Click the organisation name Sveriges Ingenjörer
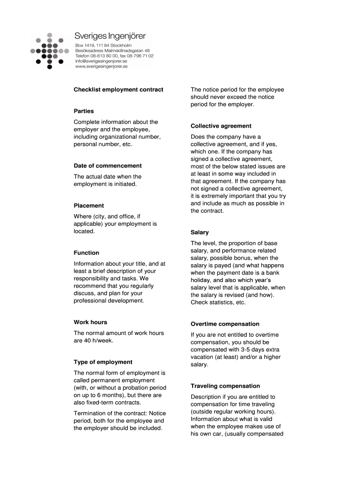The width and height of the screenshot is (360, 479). pos(110,36)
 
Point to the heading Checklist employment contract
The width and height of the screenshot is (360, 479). pos(118,89)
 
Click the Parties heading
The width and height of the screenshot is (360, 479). pos(84,111)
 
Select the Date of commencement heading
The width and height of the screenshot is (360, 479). pos(108,166)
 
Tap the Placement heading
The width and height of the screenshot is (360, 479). pos(89,206)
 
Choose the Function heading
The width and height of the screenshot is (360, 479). pos(86,253)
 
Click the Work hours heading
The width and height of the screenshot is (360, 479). pos(90,322)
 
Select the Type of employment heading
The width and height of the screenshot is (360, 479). pos(103,362)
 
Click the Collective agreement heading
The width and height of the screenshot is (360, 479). pos(221,126)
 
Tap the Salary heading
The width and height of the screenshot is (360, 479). pos(200,232)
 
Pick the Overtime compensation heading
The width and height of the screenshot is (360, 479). pos(225,324)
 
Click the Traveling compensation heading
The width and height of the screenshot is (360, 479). pos(225,386)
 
